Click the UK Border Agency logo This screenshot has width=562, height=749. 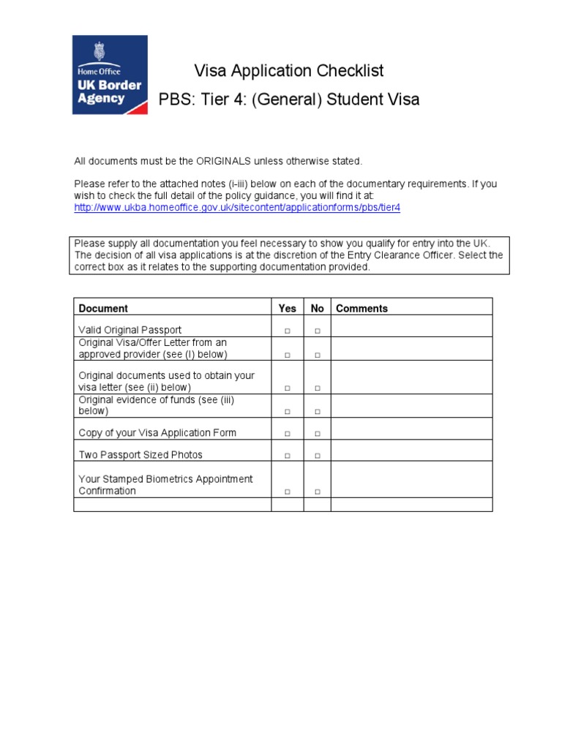point(110,75)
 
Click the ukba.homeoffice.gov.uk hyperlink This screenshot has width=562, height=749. point(238,208)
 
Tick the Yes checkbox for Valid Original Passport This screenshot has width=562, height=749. point(288,331)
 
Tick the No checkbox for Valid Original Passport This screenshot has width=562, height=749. point(318,331)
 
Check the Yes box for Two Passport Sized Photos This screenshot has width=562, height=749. point(288,456)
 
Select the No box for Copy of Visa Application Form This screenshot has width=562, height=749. point(318,434)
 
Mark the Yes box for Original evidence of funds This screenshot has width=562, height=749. point(288,412)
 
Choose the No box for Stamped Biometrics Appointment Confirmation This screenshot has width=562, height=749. point(318,492)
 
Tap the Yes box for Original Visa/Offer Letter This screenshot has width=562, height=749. point(288,355)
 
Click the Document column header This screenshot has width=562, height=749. point(103,309)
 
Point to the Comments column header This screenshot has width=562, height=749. point(361,309)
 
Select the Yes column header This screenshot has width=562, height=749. point(288,309)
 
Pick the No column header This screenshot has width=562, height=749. point(317,309)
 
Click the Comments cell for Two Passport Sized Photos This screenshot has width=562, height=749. point(411,451)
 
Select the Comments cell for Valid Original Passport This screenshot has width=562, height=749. point(411,326)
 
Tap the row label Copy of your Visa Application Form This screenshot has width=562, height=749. point(157,433)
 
